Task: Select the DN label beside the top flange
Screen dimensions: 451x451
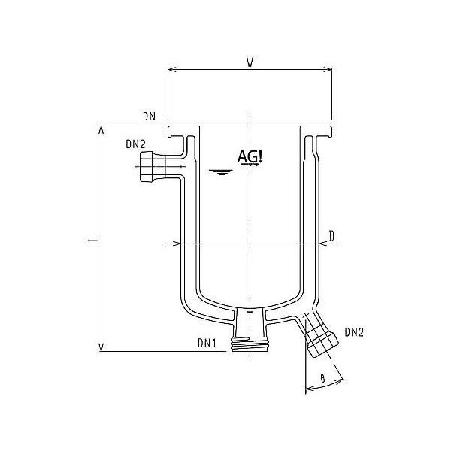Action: click(148, 117)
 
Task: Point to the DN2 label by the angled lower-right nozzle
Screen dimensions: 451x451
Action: click(355, 331)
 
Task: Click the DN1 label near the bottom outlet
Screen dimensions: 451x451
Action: click(207, 343)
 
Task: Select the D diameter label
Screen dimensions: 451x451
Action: click(331, 236)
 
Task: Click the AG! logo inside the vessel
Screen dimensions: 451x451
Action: click(250, 156)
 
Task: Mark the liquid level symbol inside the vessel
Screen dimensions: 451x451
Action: click(219, 174)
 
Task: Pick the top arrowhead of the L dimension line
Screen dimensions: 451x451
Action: click(101, 129)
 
